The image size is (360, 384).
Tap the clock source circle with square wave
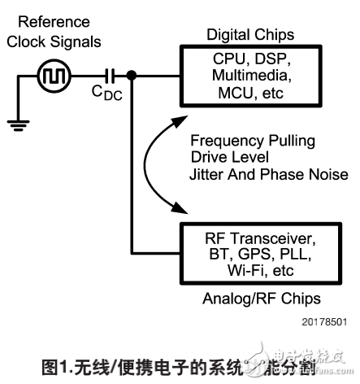54,77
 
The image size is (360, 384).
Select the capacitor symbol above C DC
109,77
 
